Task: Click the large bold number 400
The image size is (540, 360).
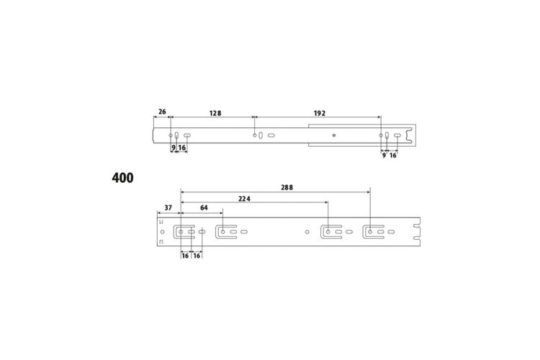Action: [122, 178]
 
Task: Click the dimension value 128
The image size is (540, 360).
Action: [215, 113]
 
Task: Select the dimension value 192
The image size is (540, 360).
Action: [319, 113]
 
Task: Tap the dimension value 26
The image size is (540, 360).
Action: [162, 112]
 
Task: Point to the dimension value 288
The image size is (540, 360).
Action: [287, 187]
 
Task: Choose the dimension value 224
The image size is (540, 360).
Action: [244, 199]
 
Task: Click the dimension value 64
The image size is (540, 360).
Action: [204, 208]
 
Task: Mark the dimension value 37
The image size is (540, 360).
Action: [168, 208]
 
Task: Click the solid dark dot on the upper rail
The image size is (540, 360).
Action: [333, 135]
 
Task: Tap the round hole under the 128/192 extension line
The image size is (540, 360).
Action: [254, 135]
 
